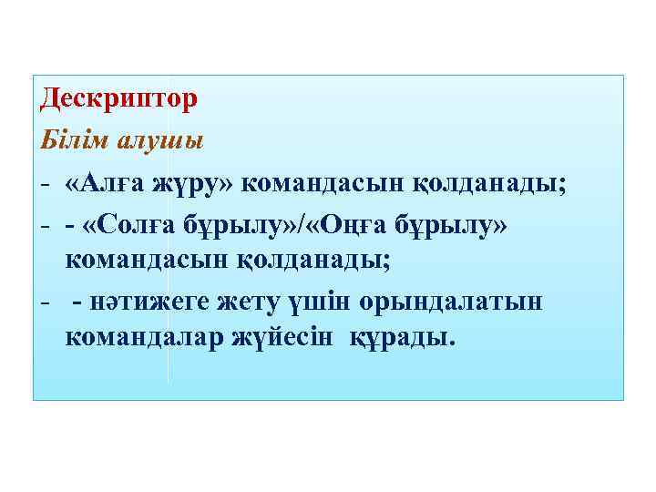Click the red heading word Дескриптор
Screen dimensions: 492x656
coord(118,97)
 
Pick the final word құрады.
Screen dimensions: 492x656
coord(402,338)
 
